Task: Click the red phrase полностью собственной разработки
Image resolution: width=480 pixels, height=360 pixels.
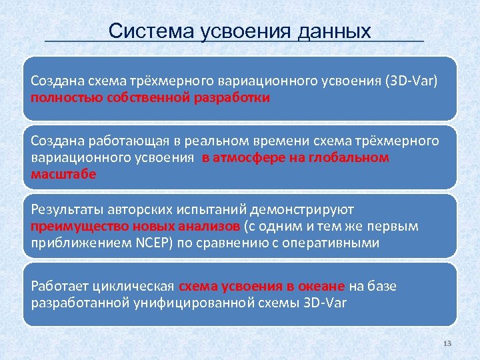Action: coord(151,97)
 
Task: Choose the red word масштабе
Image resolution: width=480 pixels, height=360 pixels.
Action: coord(64,174)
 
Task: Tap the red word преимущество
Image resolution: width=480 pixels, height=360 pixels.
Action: coord(71,226)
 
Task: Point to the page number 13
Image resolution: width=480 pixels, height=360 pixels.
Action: coord(447,343)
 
